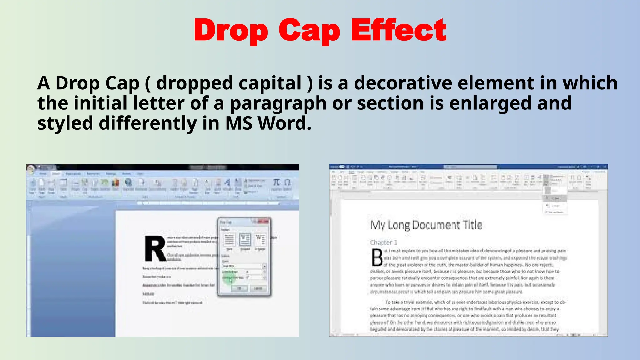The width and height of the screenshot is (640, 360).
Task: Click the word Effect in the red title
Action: tap(399, 30)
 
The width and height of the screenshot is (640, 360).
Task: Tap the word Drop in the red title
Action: tap(231, 31)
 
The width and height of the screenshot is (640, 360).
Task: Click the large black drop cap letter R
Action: tap(155, 249)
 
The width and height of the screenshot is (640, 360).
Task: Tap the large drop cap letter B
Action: tap(377, 258)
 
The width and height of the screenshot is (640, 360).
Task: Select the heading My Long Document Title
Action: tap(426, 225)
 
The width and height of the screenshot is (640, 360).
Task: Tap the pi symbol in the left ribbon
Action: tap(276, 182)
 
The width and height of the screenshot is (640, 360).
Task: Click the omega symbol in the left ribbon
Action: tap(287, 182)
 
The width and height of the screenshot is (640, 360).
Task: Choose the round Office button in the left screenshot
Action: tap(31, 169)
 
